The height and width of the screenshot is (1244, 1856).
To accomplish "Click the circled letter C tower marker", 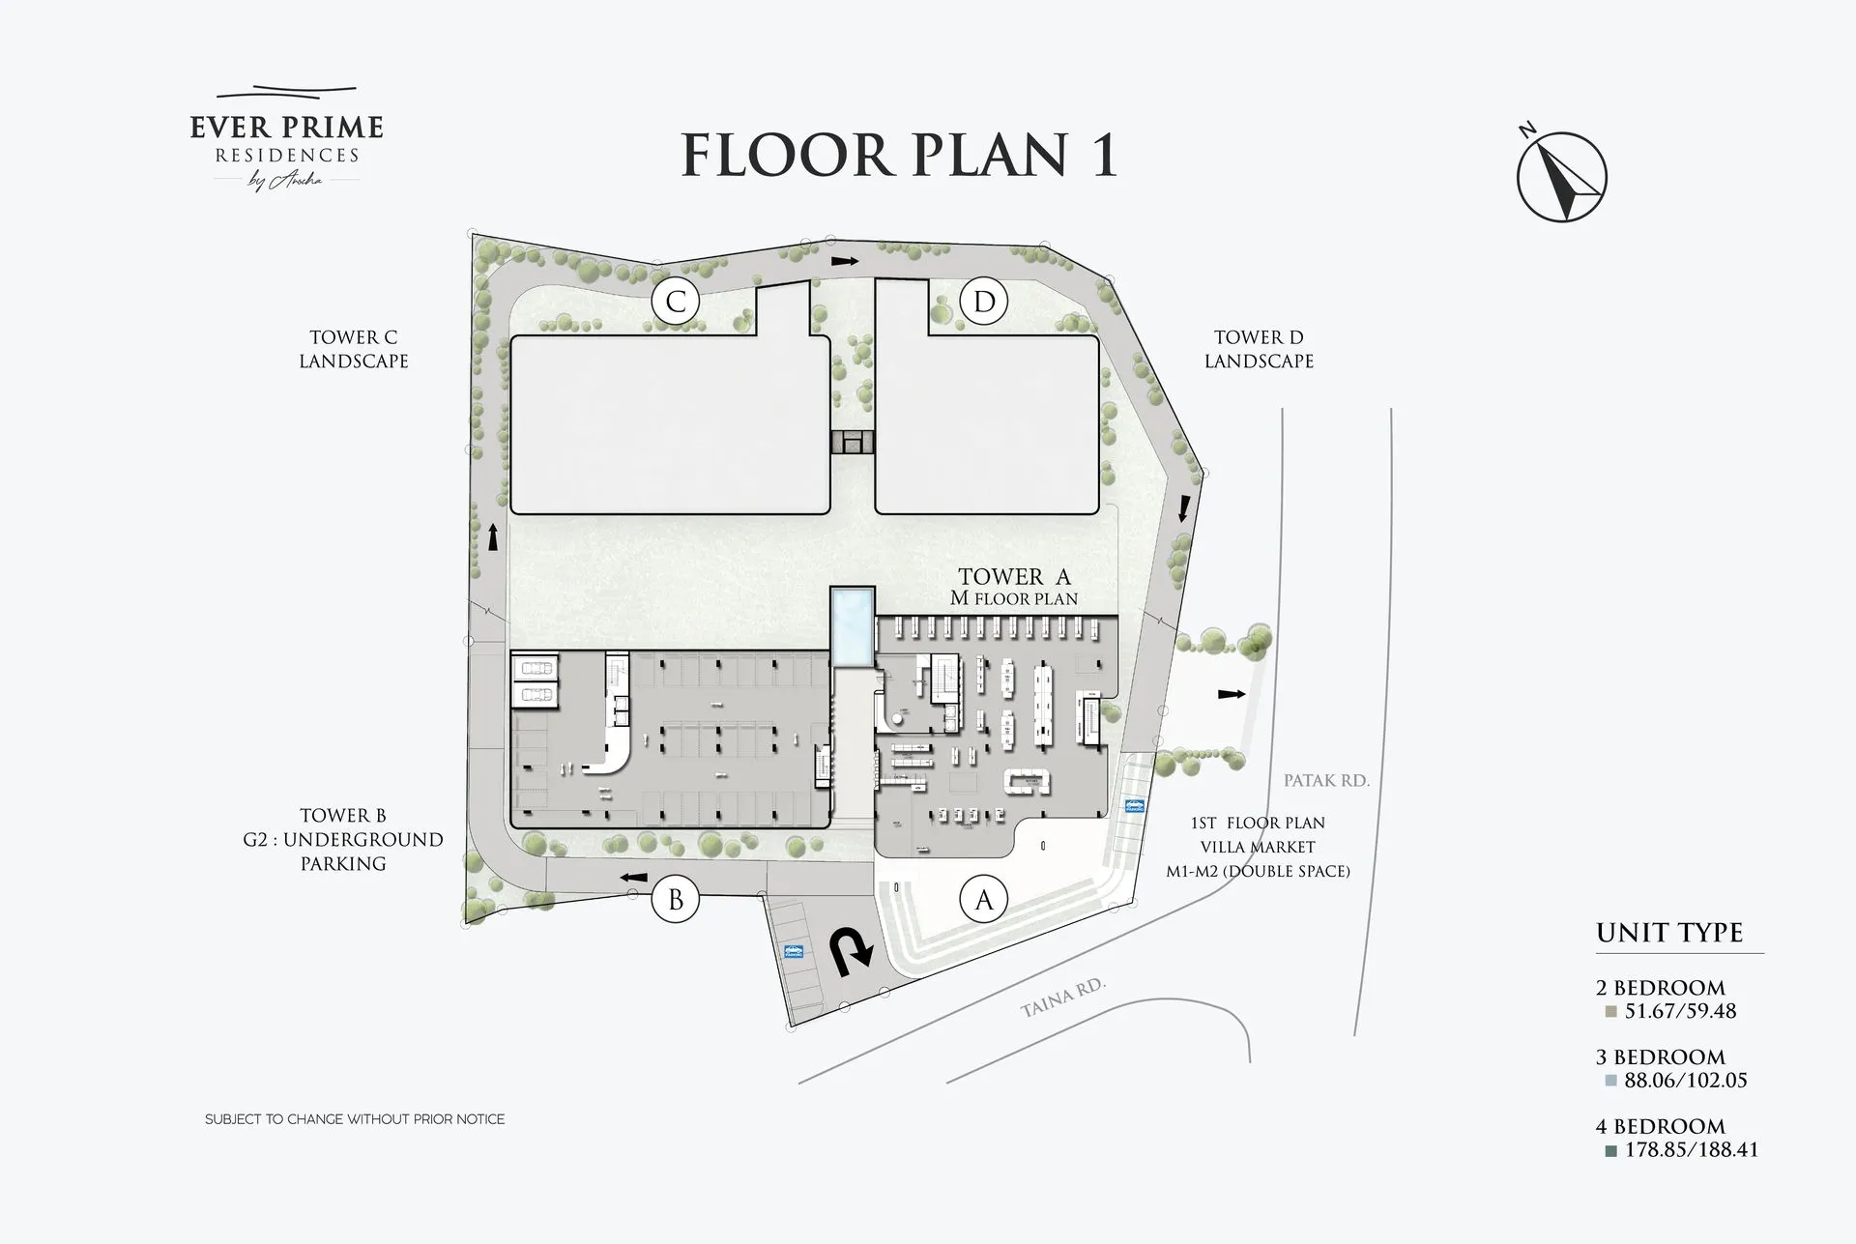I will (x=676, y=302).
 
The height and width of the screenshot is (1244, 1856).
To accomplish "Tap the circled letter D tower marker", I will (x=984, y=302).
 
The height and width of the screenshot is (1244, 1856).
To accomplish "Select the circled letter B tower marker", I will (x=675, y=899).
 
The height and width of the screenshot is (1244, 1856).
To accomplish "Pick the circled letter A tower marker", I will (x=984, y=899).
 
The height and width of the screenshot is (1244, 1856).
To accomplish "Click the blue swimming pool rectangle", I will (x=852, y=627).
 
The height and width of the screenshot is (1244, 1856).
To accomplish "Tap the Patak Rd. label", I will (x=1326, y=780).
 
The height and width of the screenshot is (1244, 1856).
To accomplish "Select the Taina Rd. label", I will (x=1062, y=998).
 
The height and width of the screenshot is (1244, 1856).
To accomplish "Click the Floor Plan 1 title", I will (x=899, y=156).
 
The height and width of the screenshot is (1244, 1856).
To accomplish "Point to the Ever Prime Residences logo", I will (x=287, y=139).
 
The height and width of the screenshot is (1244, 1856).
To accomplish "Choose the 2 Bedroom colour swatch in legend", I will (x=1610, y=1012).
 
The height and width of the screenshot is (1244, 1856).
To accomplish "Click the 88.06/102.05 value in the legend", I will (x=1686, y=1081).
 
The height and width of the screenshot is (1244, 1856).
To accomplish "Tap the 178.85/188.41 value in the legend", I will (x=1692, y=1150).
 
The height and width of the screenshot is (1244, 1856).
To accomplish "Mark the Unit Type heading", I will (x=1669, y=933).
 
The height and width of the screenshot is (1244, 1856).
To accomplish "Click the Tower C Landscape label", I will (x=354, y=349).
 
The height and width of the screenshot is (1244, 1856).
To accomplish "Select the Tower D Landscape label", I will (x=1259, y=349).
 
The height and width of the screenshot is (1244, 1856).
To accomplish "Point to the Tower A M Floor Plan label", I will (x=1014, y=587).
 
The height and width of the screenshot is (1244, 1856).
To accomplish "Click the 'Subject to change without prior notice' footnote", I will (x=355, y=1119).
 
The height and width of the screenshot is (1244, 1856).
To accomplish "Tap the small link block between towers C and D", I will (x=852, y=443).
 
